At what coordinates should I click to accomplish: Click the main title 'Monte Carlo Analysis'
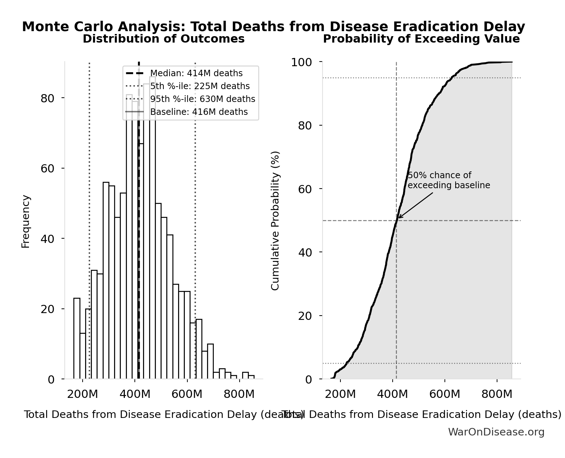coord(273,27)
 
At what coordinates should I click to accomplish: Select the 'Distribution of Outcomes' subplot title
coord(163,39)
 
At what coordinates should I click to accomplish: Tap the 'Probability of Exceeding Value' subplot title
coord(421,39)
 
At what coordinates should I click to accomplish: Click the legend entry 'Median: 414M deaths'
coord(196,73)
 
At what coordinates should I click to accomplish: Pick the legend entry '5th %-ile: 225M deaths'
coord(200,86)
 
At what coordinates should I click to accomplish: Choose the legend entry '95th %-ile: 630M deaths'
coord(202,99)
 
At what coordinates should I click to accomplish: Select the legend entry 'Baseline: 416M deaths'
coord(198,112)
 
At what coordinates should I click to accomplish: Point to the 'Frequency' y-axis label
coord(26,221)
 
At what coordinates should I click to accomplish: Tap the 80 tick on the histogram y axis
coord(47,98)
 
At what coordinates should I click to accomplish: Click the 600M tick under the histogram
coord(187,395)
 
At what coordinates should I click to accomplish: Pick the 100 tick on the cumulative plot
coord(301,62)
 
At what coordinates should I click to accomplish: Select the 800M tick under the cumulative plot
coord(497,395)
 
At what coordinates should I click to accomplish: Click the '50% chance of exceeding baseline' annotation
coord(448,180)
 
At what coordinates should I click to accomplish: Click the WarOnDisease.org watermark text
coord(496,432)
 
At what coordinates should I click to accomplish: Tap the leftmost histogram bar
coord(77,338)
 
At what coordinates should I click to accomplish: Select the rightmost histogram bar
coord(251,377)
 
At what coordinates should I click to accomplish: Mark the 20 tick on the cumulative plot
coord(306,316)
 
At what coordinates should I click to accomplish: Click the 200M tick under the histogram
coord(82,395)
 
